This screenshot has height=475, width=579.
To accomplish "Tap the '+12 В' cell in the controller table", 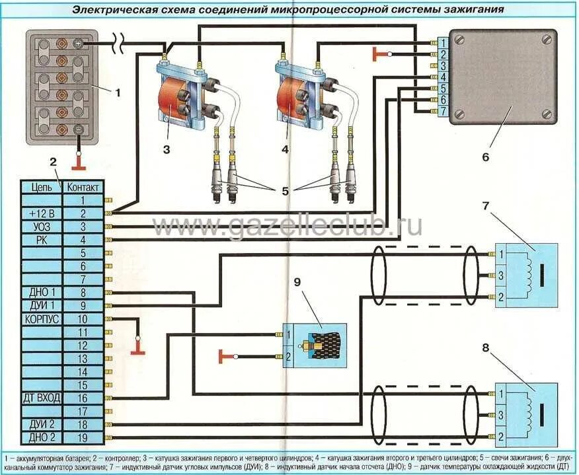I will coord(42,213).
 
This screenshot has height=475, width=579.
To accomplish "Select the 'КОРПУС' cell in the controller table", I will coord(42,318).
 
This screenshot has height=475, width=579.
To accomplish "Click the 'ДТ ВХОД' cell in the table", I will coord(42,398).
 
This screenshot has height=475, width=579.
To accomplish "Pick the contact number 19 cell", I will coord(83,437).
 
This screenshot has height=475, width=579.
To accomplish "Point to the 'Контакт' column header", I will coord(83,187).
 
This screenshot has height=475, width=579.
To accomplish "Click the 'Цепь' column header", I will coord(42,187).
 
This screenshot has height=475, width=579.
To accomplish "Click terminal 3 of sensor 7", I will coord(502,275).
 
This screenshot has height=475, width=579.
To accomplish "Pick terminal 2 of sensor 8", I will coord(502,436).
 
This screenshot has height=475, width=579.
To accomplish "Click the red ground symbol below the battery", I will coord(79,160).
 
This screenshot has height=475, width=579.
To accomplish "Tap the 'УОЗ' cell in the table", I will coord(42,227).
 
